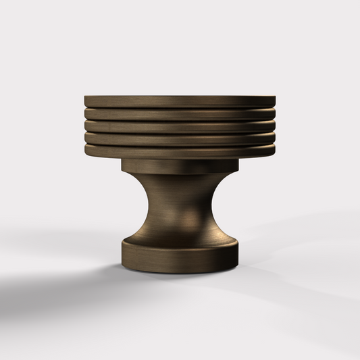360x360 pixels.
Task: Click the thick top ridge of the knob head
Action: [x=180, y=101]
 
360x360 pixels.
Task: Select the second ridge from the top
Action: [x=180, y=114]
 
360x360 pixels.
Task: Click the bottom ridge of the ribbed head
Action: [x=180, y=152]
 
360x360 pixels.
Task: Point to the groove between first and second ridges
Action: [x=180, y=107]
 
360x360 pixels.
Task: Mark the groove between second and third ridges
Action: [x=180, y=120]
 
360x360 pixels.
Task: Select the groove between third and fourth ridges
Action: [x=180, y=132]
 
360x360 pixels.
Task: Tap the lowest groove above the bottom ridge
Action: [x=180, y=145]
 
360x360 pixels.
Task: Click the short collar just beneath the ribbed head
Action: [x=180, y=165]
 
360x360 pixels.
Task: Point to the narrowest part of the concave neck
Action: [x=180, y=203]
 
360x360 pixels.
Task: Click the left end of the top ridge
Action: [x=87, y=101]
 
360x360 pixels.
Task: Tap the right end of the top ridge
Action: [x=273, y=101]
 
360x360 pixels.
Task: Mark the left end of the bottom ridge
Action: [x=87, y=152]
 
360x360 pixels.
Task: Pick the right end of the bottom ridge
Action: [x=273, y=152]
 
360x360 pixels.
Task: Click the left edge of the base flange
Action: [x=124, y=253]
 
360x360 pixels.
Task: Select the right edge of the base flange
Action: [x=236, y=253]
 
